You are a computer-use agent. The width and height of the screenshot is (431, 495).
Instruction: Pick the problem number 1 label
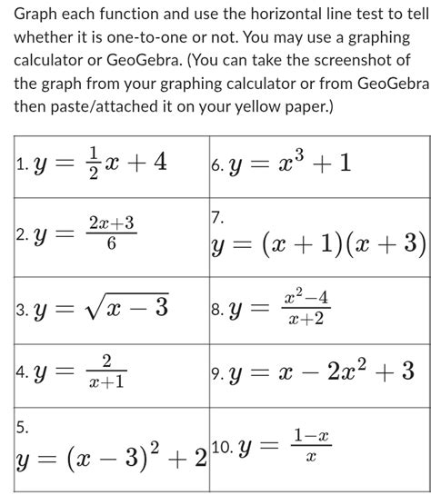coord(21,165)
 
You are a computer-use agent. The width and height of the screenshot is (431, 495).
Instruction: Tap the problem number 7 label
coord(215,217)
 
